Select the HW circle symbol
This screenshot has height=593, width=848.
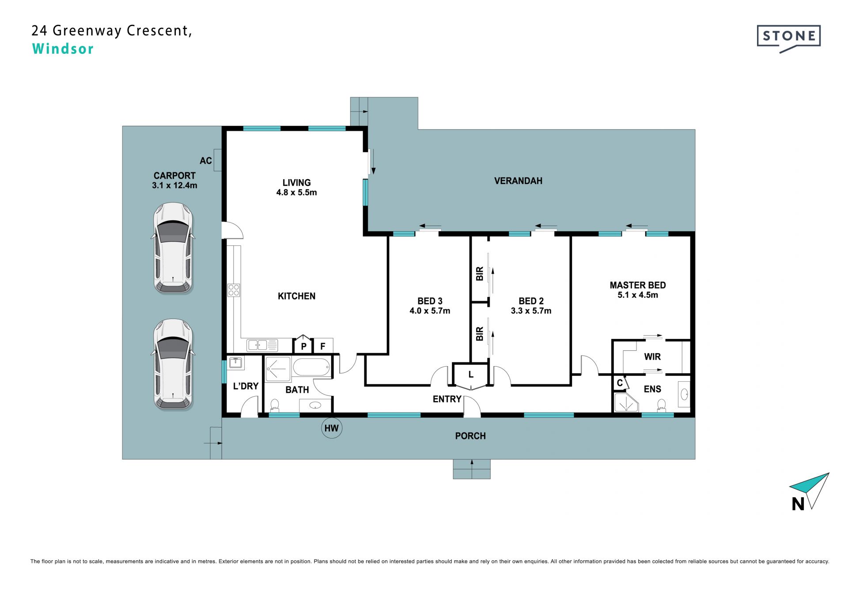coord(331,428)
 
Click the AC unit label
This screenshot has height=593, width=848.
coord(206,161)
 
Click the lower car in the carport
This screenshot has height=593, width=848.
coord(174,364)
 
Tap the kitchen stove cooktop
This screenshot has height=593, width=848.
coord(234,290)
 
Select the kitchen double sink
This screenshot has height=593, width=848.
coord(262,345)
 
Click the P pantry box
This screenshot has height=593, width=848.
coord(303,345)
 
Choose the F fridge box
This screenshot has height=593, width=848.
coord(323,346)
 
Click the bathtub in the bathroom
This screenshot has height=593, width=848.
coord(311,367)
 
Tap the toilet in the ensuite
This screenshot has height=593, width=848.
coord(661,405)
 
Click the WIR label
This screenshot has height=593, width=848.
coord(652,357)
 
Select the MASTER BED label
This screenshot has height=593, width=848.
coord(638,285)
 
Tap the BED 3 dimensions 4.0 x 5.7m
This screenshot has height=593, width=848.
coord(430,311)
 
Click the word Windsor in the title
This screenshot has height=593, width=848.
coord(63,49)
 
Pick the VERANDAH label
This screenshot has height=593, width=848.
coord(518,180)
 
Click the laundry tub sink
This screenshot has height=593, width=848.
coord(236,363)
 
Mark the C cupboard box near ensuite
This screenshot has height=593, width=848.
coord(620,383)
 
